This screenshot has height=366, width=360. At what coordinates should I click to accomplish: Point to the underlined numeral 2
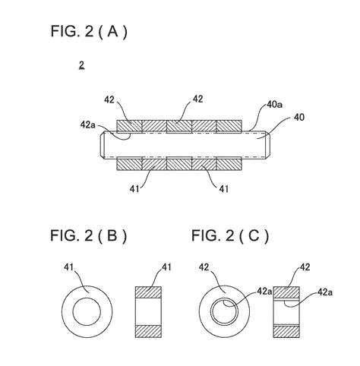[81, 67]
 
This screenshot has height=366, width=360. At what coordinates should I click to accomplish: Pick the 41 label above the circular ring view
[68, 267]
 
